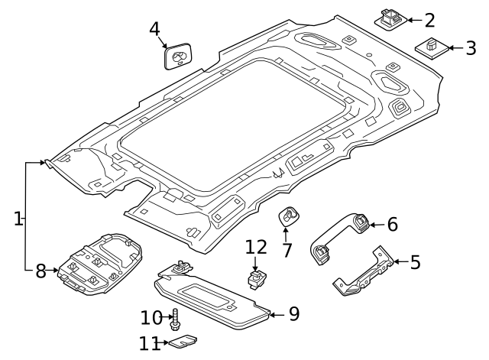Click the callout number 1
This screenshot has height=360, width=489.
tap(18, 219)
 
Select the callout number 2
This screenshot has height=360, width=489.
tap(429, 21)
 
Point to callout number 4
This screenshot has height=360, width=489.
tap(155, 30)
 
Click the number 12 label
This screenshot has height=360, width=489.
tap(257, 247)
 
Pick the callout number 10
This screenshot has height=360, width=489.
tap(152, 317)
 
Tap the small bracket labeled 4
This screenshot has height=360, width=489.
tap(178, 57)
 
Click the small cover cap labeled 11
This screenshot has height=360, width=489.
tap(183, 342)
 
